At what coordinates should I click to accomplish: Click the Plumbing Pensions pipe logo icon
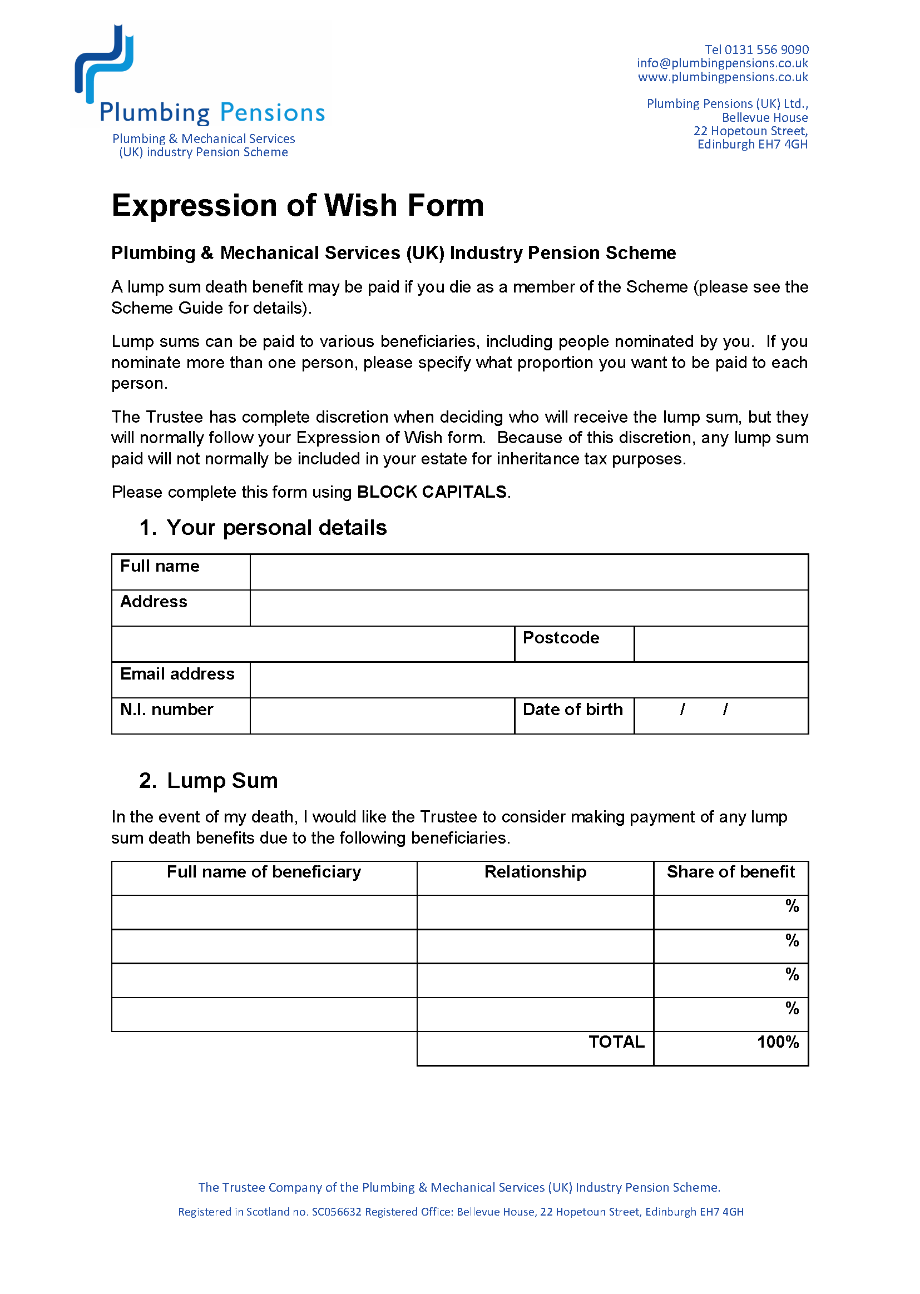point(104,63)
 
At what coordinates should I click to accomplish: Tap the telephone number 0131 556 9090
point(766,50)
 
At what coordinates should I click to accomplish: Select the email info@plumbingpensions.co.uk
point(723,63)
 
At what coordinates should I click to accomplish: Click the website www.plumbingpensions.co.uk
point(723,77)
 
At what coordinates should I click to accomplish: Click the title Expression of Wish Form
point(298,205)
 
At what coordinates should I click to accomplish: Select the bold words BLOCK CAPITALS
point(432,492)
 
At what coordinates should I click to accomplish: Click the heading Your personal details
point(276,527)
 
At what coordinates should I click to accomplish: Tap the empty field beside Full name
point(528,572)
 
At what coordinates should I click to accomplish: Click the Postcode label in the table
point(561,638)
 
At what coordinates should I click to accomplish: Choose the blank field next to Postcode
point(720,644)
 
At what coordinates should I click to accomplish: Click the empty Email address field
point(528,680)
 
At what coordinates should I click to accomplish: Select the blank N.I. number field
point(382,716)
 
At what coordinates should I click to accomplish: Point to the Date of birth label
point(573,710)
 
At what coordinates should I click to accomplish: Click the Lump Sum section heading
point(222,780)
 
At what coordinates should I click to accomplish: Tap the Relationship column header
point(535,871)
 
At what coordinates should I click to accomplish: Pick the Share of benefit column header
point(731,871)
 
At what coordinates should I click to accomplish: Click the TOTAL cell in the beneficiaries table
point(616,1042)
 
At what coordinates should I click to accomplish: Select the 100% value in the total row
point(778,1042)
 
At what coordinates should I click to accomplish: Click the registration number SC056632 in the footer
point(337,1212)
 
